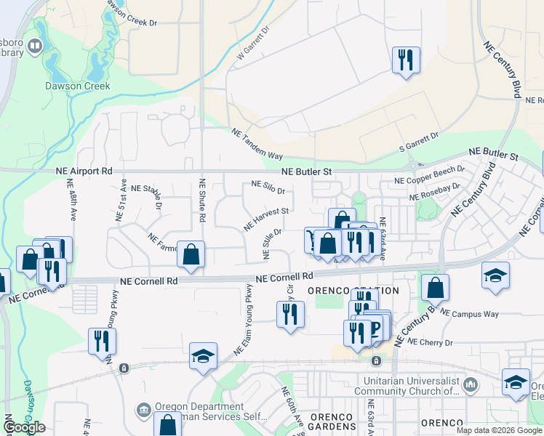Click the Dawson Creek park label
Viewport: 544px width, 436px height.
pyautogui.click(x=78, y=86)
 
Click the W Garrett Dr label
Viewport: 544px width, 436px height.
pyautogui.click(x=254, y=43)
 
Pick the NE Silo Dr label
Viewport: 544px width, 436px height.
pyautogui.click(x=268, y=187)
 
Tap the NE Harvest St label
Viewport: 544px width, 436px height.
pyautogui.click(x=266, y=216)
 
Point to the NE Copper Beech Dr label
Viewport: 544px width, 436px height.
pyautogui.click(x=429, y=175)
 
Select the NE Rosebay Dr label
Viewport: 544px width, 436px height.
pyautogui.click(x=435, y=192)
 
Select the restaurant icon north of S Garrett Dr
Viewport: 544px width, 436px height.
pyautogui.click(x=405, y=60)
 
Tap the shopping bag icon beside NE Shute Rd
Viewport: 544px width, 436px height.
pyautogui.click(x=191, y=255)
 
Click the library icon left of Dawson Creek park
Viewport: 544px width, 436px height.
pyautogui.click(x=34, y=47)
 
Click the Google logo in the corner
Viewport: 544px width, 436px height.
pyautogui.click(x=24, y=427)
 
